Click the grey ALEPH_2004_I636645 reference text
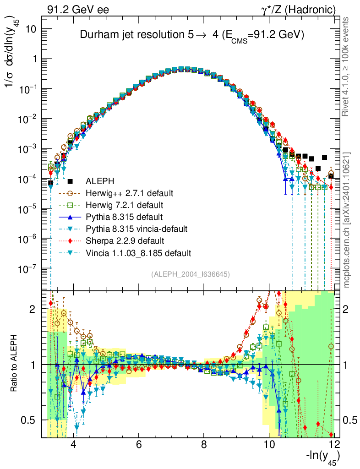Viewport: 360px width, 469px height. click(190, 274)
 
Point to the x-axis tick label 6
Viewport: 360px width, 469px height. click(139, 445)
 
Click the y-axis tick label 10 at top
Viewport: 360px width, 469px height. click(35, 29)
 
